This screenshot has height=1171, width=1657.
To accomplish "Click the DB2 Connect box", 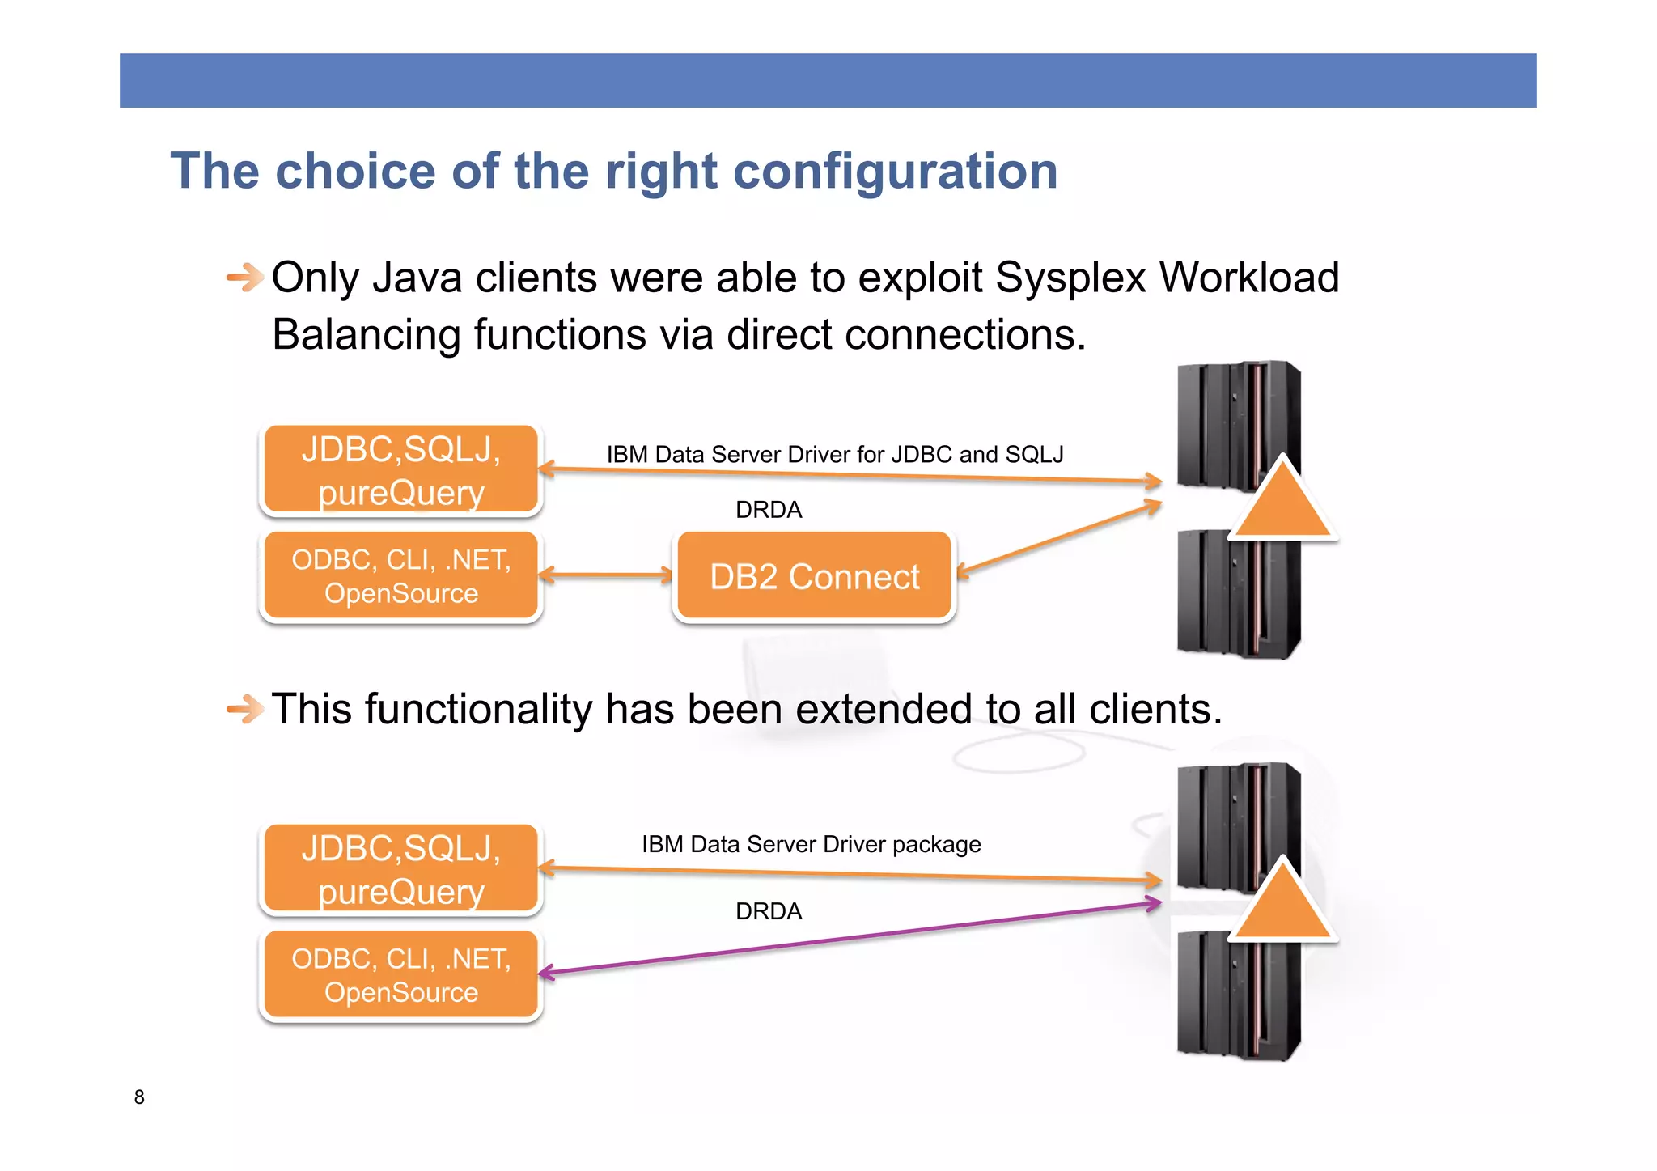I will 814,576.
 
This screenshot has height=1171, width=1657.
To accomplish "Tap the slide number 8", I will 139,1097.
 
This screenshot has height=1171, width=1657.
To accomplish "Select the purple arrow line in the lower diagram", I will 850,939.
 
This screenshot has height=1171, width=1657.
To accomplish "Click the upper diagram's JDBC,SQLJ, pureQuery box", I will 400,470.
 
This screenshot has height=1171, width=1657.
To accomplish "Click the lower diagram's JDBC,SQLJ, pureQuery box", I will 400,869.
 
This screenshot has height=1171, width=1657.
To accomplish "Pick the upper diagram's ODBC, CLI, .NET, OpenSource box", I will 400,576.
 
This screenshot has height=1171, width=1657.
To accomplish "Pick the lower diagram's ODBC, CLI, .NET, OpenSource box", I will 400,975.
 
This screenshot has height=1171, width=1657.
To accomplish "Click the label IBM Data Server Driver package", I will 811,844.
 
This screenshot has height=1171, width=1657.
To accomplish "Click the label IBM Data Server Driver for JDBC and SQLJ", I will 835,454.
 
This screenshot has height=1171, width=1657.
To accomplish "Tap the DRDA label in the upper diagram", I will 769,510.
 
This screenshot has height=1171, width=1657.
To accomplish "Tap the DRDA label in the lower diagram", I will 769,911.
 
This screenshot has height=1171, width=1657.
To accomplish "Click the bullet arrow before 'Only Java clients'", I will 244,278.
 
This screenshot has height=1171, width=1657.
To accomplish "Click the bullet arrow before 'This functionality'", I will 244,710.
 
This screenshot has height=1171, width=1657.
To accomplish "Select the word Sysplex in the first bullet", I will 1070,278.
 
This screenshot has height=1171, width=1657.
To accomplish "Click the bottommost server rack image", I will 1238,995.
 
